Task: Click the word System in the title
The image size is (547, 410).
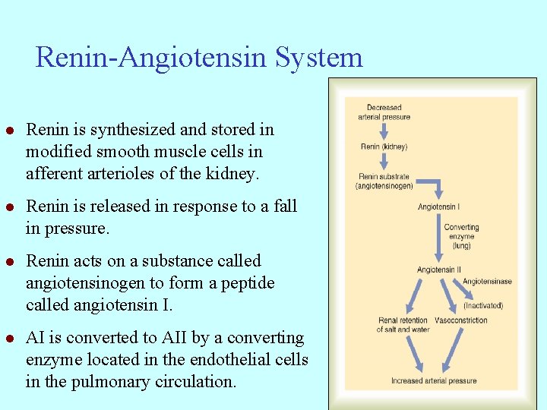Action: (x=319, y=58)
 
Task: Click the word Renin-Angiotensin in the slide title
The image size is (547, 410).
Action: (x=153, y=58)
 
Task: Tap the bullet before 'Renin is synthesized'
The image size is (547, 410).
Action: (x=11, y=131)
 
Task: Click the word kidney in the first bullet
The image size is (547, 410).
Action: (x=232, y=174)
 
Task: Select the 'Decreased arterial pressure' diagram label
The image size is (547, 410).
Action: (x=384, y=112)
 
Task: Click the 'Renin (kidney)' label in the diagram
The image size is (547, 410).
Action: (x=384, y=147)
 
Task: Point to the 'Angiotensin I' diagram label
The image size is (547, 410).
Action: (x=438, y=207)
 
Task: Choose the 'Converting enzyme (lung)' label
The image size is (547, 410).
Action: (x=461, y=235)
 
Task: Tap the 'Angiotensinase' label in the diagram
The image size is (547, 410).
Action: (x=487, y=282)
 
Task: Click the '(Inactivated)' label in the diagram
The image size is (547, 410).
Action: (x=483, y=305)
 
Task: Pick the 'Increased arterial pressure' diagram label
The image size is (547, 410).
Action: (x=434, y=380)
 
